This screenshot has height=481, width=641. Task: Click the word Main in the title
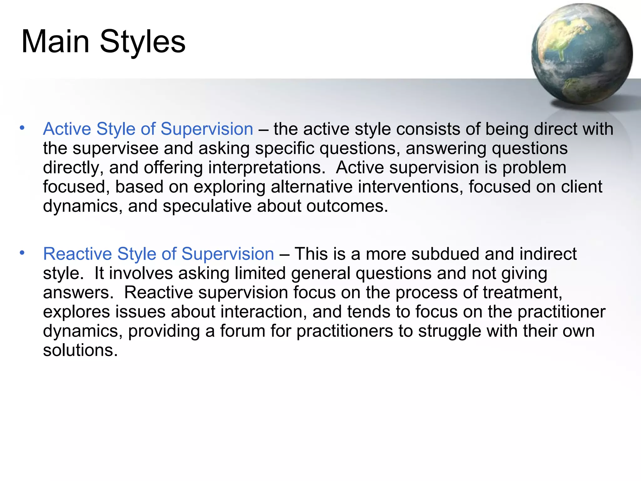click(x=55, y=42)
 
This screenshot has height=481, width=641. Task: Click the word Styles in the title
click(x=143, y=42)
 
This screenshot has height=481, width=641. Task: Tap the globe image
click(x=582, y=54)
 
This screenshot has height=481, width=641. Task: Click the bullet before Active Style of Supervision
click(x=22, y=128)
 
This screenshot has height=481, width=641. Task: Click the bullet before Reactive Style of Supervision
click(x=22, y=252)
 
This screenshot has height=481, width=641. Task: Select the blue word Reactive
click(x=77, y=254)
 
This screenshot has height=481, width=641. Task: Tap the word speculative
click(x=207, y=206)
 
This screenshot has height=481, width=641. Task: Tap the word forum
click(x=243, y=331)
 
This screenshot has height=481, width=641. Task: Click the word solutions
click(x=80, y=350)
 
